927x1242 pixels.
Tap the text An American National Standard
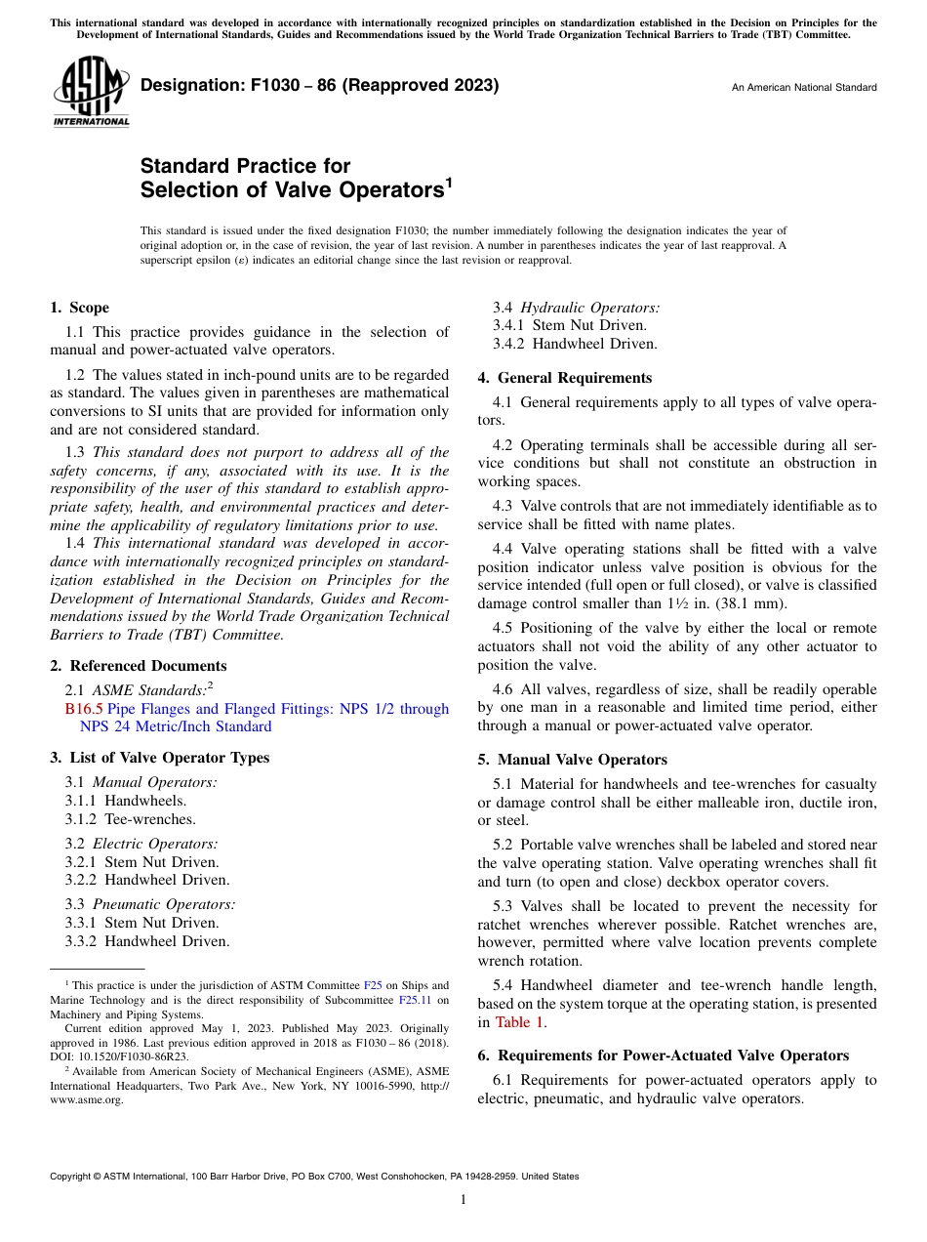click(803, 88)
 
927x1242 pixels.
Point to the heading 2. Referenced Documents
click(138, 666)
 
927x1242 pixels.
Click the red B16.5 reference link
click(83, 709)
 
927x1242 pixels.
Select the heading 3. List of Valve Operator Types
click(159, 758)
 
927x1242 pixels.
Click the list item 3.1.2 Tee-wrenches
click(130, 819)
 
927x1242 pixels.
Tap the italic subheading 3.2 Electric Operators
click(141, 844)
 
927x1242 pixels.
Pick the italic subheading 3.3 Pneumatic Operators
click(150, 904)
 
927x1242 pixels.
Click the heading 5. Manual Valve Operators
click(572, 760)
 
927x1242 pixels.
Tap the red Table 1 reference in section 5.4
click(520, 1022)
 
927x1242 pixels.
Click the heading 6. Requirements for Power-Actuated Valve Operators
click(663, 1056)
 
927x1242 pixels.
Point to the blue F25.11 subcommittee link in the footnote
click(415, 1000)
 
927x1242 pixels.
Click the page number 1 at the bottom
click(463, 1200)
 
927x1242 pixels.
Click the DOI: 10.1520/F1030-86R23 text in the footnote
click(119, 1056)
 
